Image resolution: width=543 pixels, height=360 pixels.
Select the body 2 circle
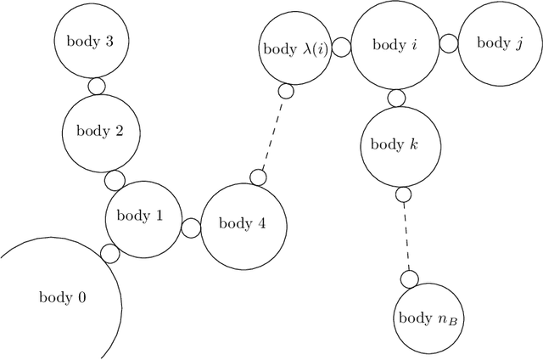(100, 131)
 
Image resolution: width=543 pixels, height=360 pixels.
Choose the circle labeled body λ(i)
(294, 48)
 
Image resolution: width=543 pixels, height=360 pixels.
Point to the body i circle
(395, 45)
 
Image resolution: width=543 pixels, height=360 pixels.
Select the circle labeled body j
(495, 42)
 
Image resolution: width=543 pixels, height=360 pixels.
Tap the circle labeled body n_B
(430, 318)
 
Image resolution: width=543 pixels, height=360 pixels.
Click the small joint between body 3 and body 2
(97, 86)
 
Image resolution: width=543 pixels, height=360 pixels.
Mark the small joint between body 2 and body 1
(114, 179)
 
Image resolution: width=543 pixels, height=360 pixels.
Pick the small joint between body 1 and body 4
(191, 228)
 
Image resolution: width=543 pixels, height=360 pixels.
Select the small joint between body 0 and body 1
(109, 253)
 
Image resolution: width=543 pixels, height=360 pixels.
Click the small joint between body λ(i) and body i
(341, 48)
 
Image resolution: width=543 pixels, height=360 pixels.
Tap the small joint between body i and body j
(450, 44)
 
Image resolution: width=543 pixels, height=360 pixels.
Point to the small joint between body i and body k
(396, 97)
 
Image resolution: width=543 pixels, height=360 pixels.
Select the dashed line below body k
(407, 236)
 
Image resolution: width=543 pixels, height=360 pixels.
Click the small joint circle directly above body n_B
(410, 278)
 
